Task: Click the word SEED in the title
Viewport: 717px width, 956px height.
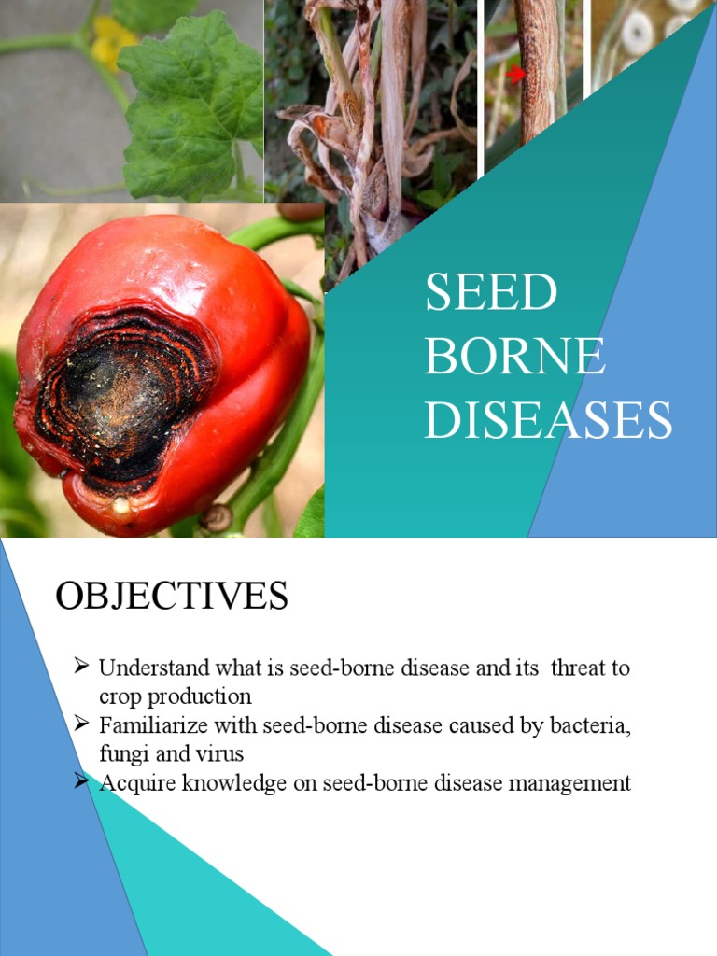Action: (x=491, y=293)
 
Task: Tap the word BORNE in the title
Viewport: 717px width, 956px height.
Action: (x=514, y=356)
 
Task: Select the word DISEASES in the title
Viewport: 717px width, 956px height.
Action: (x=548, y=419)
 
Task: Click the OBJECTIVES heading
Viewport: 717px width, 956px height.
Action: (x=172, y=596)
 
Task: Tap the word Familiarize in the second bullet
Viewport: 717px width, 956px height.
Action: (x=148, y=725)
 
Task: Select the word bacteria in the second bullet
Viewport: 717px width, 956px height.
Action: (x=595, y=725)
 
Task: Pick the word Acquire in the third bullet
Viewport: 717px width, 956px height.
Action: (x=132, y=783)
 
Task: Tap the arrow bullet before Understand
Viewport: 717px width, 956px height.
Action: (x=81, y=667)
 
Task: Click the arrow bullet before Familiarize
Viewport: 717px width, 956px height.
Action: (x=81, y=724)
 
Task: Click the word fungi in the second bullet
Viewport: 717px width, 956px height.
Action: (x=119, y=752)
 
